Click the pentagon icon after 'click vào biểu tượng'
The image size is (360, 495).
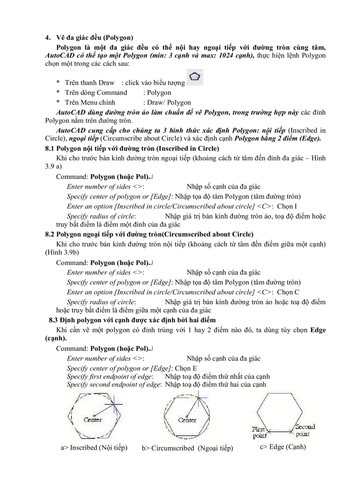coord(195,78)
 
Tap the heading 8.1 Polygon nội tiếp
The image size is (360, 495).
coord(132,149)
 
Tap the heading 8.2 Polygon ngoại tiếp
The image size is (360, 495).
coord(149,234)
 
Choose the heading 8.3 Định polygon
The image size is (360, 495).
coord(132,320)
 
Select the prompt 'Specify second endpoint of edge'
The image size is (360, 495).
coord(114,384)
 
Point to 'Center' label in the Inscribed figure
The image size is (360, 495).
coord(93,420)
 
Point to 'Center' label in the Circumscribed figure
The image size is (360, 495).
coord(187,420)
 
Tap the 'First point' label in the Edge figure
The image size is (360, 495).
coord(259,432)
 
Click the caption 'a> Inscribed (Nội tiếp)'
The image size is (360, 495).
coord(94,448)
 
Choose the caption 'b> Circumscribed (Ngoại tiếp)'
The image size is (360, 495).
coord(187,448)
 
